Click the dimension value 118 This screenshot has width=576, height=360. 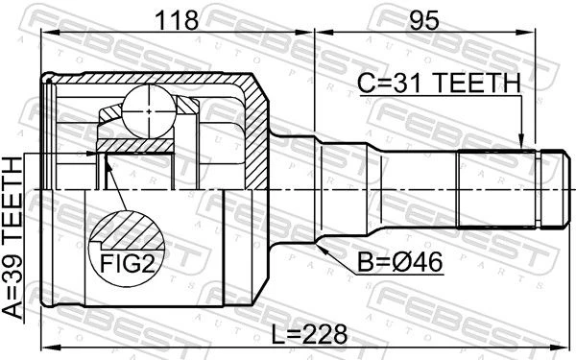(177, 20)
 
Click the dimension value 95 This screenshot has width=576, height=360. (424, 20)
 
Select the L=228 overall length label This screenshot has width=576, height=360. (309, 334)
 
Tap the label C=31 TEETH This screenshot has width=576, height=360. (439, 83)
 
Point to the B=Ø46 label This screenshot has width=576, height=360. (400, 262)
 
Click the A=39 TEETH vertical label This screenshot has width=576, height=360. (12, 238)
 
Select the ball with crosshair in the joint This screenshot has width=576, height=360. (149, 111)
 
